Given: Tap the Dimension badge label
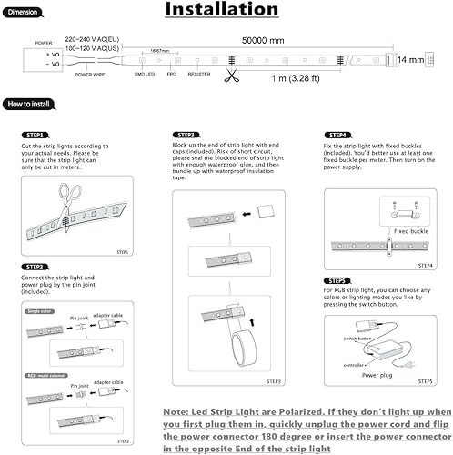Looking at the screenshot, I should tap(23, 13).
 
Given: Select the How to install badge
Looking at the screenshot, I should tap(30, 105).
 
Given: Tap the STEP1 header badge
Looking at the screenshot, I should tap(33, 135).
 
